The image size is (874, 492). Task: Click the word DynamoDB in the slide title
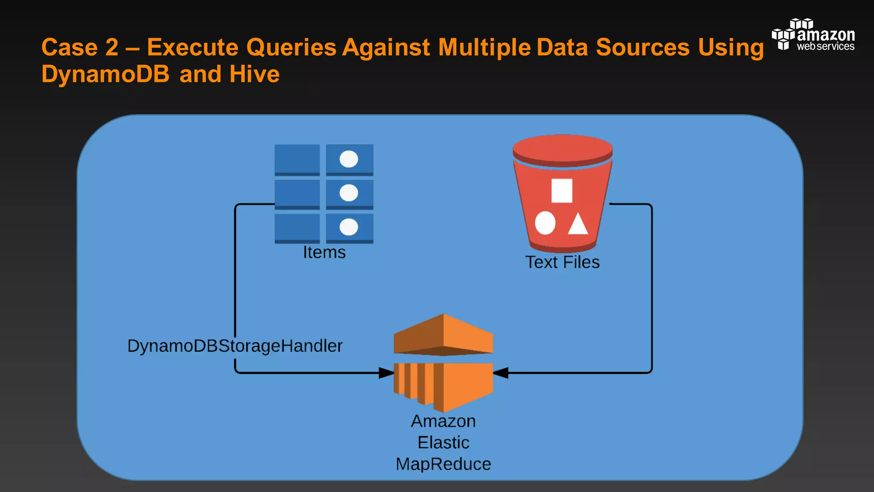pyautogui.click(x=105, y=74)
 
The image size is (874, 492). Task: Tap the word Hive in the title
pyautogui.click(x=254, y=74)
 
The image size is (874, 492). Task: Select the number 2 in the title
pyautogui.click(x=111, y=47)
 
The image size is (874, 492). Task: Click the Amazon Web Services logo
pyautogui.click(x=813, y=35)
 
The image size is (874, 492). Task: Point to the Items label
pyautogui.click(x=324, y=252)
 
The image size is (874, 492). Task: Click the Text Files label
pyautogui.click(x=562, y=262)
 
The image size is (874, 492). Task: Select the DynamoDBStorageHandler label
pyautogui.click(x=235, y=346)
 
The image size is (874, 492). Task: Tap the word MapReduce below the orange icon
pyautogui.click(x=443, y=464)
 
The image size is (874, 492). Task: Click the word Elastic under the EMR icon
pyautogui.click(x=443, y=443)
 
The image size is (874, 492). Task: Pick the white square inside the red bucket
pyautogui.click(x=562, y=190)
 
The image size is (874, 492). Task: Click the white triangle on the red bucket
pyautogui.click(x=578, y=224)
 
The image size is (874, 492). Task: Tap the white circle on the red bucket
pyautogui.click(x=545, y=223)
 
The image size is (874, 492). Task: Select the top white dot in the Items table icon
pyautogui.click(x=349, y=159)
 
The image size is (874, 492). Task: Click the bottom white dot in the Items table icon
pyautogui.click(x=349, y=227)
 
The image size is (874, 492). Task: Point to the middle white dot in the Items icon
pyautogui.click(x=349, y=193)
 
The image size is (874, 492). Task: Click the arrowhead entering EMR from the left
pyautogui.click(x=386, y=373)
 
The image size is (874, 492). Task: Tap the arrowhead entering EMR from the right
pyautogui.click(x=501, y=373)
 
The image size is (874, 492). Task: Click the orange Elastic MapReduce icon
pyautogui.click(x=443, y=363)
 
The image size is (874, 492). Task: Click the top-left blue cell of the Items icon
pyautogui.click(x=297, y=159)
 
